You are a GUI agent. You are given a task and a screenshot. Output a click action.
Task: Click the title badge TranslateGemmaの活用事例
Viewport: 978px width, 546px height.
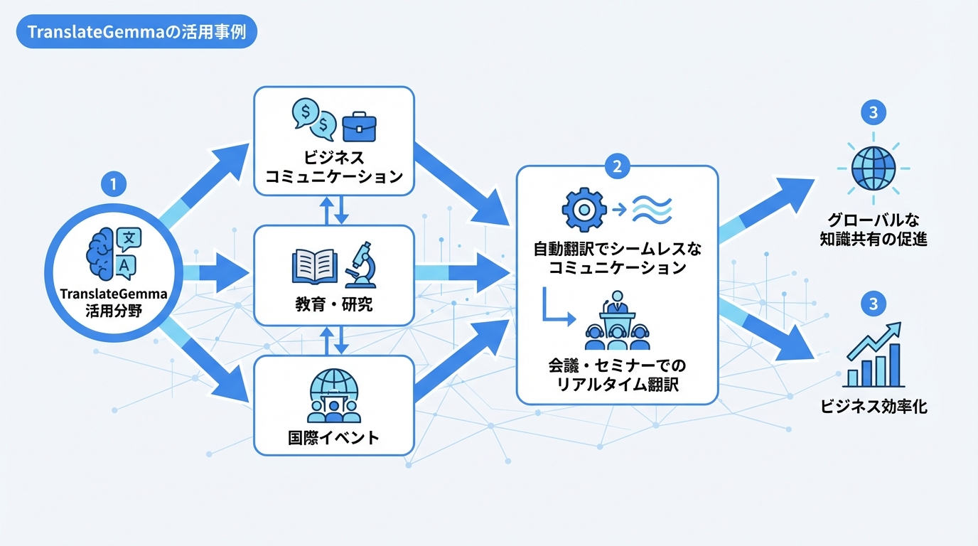coord(135,33)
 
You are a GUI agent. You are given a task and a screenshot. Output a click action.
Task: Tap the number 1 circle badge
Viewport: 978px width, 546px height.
coord(114,184)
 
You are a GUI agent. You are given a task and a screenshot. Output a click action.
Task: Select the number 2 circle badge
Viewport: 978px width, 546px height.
coord(616,166)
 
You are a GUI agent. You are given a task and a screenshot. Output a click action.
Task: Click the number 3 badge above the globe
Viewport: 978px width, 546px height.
coord(873,112)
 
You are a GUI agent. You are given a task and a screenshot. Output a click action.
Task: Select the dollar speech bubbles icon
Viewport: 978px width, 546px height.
coord(313,117)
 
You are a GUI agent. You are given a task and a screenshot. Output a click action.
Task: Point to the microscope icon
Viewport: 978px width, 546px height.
coord(362,264)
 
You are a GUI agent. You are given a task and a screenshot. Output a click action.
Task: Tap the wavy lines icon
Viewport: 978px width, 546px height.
coord(652,209)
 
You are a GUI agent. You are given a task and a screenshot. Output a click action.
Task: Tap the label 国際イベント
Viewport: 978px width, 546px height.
coord(334,437)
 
